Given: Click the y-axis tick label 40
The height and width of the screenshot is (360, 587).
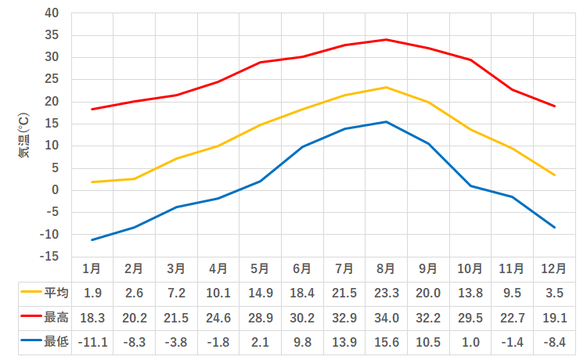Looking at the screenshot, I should [52, 13].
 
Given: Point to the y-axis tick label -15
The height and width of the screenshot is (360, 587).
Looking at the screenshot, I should [50, 257].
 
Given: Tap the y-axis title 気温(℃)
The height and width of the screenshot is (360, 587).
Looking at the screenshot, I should [24, 135].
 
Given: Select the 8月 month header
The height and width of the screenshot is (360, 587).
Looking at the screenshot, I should [386, 268].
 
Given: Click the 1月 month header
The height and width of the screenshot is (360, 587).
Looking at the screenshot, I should [92, 268].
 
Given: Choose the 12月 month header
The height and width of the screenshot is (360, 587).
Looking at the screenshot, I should [553, 268].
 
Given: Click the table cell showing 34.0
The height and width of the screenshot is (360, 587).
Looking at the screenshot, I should [386, 318].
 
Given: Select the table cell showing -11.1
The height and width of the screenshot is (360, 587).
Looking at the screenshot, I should [92, 341].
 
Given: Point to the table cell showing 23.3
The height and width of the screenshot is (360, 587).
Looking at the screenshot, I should [386, 293].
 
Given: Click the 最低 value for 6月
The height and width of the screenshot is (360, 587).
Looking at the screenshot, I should [302, 341].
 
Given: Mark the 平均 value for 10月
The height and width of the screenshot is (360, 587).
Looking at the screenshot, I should [470, 293].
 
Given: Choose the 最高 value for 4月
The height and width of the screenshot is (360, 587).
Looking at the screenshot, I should [218, 318].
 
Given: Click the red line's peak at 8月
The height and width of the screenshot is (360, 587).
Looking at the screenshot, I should [386, 39].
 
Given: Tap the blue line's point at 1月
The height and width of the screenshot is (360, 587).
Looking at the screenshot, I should [92, 239].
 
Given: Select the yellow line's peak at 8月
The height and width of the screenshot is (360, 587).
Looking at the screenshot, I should [386, 87].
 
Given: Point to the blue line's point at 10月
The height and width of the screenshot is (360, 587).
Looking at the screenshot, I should [470, 185].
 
